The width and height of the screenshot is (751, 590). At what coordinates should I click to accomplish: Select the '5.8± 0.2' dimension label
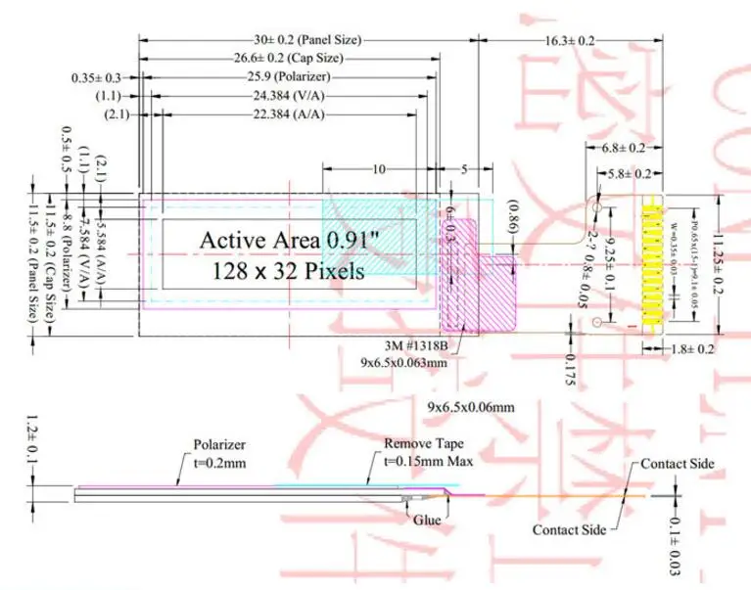click(x=629, y=173)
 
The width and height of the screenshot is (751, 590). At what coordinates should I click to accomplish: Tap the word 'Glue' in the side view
click(x=425, y=522)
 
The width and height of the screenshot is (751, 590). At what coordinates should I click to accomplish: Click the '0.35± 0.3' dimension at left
click(x=97, y=77)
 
